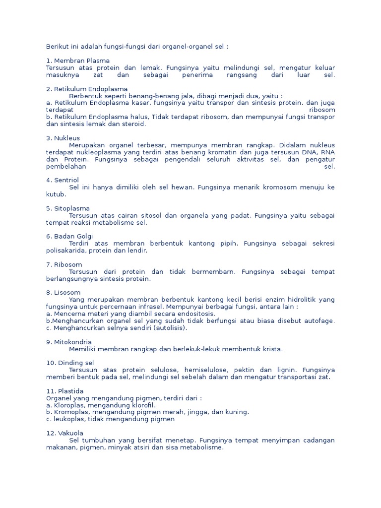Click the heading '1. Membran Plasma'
(77, 61)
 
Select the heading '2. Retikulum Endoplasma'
(87, 89)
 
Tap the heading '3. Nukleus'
(63, 138)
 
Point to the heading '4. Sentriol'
(63, 180)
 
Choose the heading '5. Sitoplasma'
(68, 208)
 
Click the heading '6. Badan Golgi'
(69, 236)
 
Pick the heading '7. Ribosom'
(64, 264)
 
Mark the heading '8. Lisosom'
(63, 292)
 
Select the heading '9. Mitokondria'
(69, 342)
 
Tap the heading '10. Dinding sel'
(70, 363)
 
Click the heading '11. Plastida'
(65, 391)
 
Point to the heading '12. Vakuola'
(64, 433)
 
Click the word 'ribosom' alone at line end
(322, 110)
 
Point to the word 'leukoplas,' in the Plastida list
(68, 419)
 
